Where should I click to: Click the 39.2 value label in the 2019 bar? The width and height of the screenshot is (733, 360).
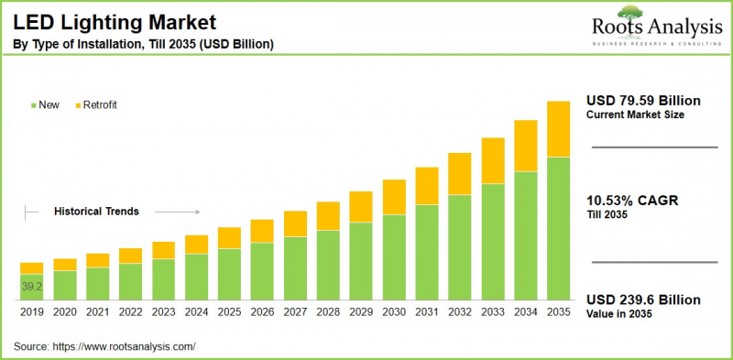point(32,287)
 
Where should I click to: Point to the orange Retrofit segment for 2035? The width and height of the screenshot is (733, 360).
point(558,129)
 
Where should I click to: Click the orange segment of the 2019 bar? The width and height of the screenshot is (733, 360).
point(32,268)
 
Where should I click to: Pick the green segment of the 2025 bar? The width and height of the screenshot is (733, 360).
point(229,275)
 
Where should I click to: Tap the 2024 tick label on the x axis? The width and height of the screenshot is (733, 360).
point(196,312)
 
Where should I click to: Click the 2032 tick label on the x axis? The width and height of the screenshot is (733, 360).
point(459,312)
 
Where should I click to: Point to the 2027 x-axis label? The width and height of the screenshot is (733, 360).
point(295,312)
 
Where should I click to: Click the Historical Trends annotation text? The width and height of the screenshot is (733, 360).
point(96,211)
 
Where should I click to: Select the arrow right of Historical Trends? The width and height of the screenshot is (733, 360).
point(183,211)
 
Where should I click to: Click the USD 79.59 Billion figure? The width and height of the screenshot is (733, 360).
point(643,100)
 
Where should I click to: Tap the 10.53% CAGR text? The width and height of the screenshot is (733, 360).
point(631,201)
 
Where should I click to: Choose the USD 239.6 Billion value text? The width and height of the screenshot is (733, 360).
point(643,300)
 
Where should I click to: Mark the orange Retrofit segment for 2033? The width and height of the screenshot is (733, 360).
point(493,161)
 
